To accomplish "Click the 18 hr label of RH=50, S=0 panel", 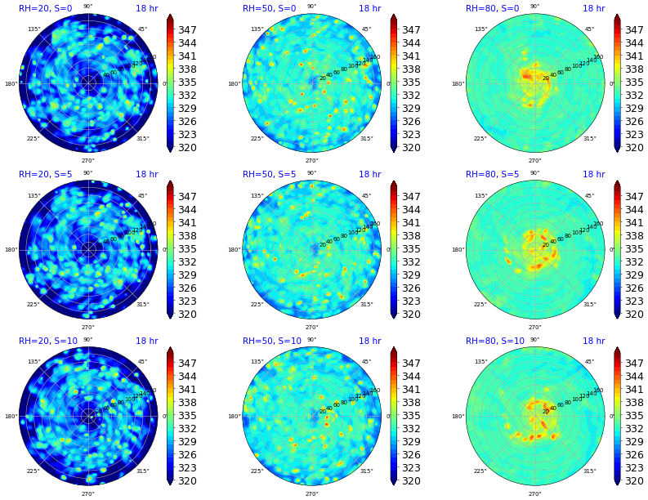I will [x=369, y=8].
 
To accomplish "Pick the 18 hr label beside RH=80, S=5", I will [x=593, y=175].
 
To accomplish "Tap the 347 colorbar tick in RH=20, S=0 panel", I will [x=187, y=30].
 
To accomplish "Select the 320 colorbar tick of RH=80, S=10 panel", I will [x=634, y=481].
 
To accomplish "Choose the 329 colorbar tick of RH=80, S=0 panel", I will [x=634, y=109].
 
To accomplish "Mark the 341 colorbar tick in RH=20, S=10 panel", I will [x=187, y=390].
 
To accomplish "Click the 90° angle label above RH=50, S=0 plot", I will [x=311, y=7].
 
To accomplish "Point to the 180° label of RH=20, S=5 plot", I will [x=11, y=250].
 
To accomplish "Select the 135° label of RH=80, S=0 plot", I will [x=480, y=29].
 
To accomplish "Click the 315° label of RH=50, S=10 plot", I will [x=366, y=471].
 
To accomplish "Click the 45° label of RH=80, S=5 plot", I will [x=589, y=196].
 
